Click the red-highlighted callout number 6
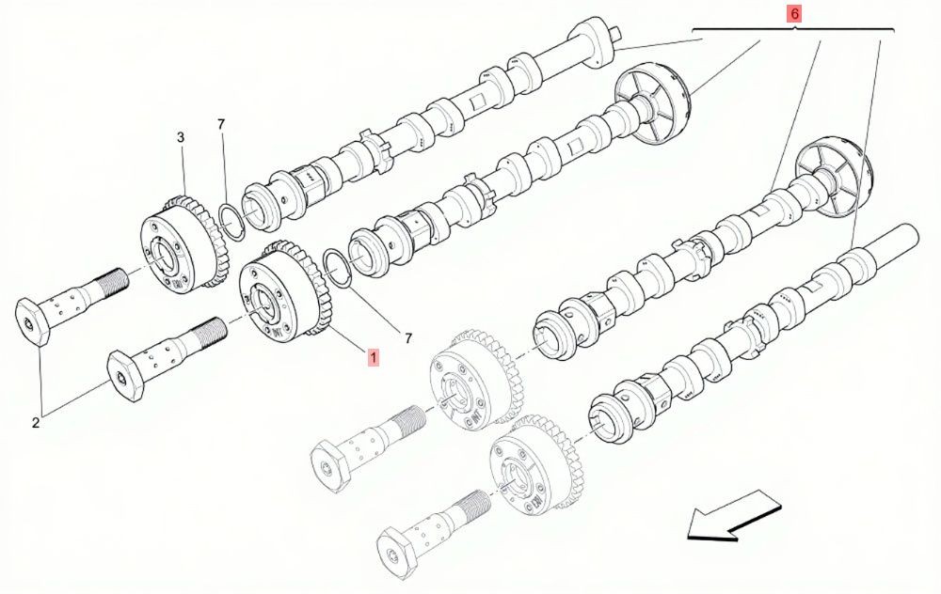point(794,13)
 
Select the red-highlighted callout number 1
point(374,358)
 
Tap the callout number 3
point(181,137)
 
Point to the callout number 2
point(36,423)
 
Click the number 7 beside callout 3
point(221,124)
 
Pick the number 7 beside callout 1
point(408,338)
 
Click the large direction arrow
point(734,515)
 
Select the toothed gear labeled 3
point(183,244)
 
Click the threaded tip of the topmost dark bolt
point(116,280)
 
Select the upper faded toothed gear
point(476,379)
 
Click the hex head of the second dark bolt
point(126,378)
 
